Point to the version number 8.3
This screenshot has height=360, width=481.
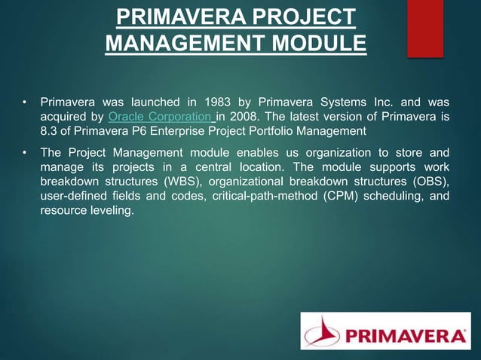click(x=49, y=131)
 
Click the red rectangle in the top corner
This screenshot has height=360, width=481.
click(x=425, y=29)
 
